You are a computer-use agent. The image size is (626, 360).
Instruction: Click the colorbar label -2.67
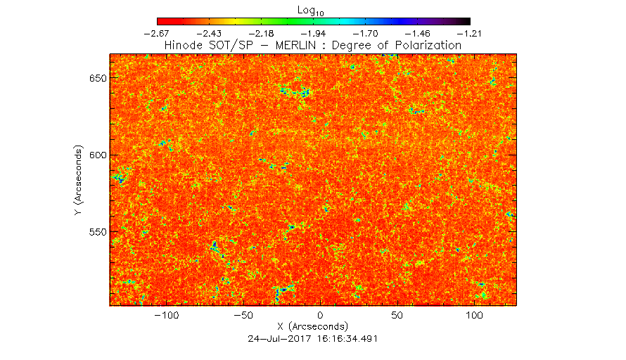pos(156,34)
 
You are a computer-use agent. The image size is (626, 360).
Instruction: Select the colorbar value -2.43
pos(209,34)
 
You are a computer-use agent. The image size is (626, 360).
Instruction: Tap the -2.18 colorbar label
pos(261,34)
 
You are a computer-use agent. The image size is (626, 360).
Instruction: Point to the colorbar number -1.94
pos(314,34)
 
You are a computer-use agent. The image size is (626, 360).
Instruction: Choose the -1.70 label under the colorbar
pos(365,34)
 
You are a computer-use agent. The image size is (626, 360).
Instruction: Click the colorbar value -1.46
pos(418,34)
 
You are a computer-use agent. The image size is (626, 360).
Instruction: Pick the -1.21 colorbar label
pos(470,34)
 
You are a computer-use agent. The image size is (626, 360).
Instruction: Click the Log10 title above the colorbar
pos(311,11)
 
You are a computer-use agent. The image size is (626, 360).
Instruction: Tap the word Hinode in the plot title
pos(184,45)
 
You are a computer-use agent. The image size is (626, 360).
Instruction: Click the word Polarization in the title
pos(428,45)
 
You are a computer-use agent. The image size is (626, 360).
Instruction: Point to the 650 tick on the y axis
pos(98,78)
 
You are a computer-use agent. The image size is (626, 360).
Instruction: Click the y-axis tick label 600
pos(98,155)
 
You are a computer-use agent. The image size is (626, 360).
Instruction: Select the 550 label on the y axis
pos(98,232)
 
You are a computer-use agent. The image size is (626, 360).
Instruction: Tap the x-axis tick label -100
pos(167,315)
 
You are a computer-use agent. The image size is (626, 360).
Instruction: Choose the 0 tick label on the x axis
pos(320,315)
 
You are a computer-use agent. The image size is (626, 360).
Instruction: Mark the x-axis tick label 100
pos(474,315)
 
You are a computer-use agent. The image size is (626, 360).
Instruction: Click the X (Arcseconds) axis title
pos(312,326)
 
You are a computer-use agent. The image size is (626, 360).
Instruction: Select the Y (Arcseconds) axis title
pos(78,181)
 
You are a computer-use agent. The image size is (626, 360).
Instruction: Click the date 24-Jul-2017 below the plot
pos(280,339)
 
